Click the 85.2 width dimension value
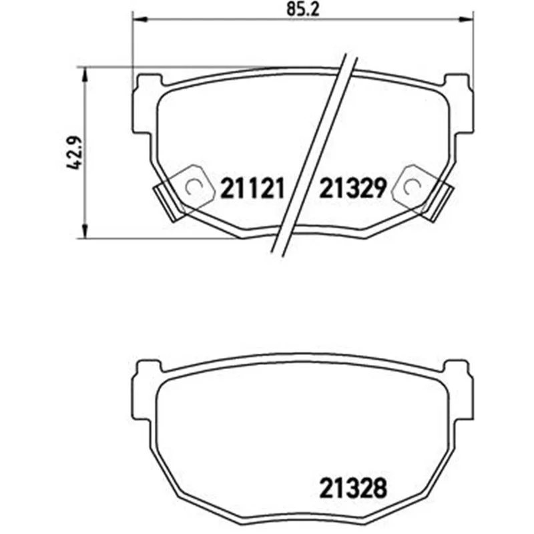click(x=302, y=9)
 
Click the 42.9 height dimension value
click(x=74, y=154)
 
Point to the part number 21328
click(x=353, y=488)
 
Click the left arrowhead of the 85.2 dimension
click(x=139, y=20)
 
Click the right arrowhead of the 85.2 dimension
click(x=466, y=20)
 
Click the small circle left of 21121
click(x=194, y=187)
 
